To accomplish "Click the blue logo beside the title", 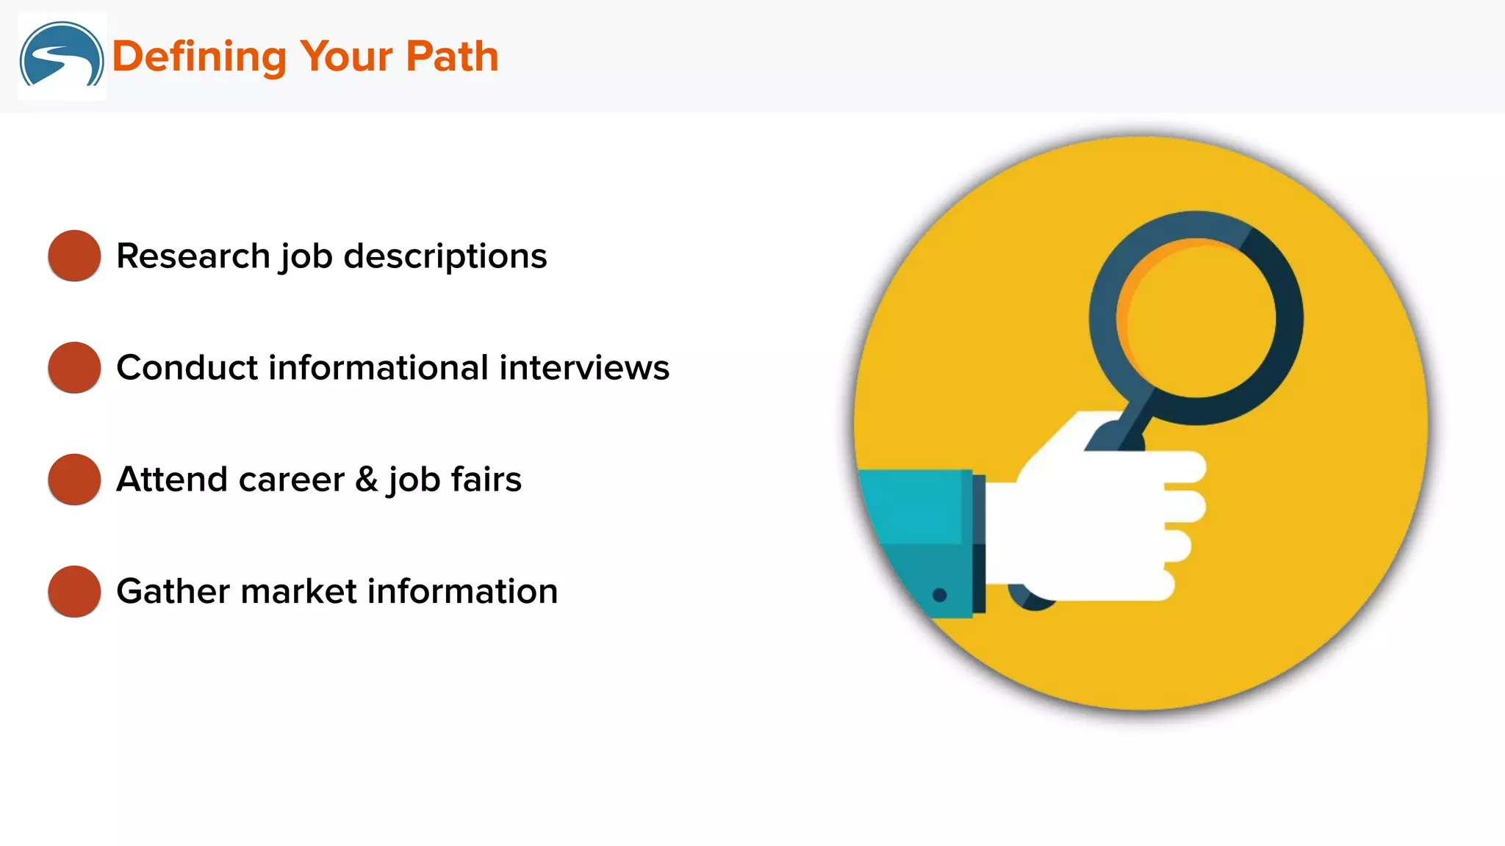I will pyautogui.click(x=62, y=56).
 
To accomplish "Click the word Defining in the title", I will pyautogui.click(x=198, y=57).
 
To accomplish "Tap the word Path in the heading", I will pyautogui.click(x=452, y=57).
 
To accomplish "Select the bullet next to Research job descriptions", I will pyautogui.click(x=74, y=256).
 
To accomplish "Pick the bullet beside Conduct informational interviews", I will pyautogui.click(x=74, y=367).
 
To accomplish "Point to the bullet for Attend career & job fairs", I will pyautogui.click(x=74, y=480).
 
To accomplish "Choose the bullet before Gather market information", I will pyautogui.click(x=74, y=591).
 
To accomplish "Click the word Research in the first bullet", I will pyautogui.click(x=193, y=256).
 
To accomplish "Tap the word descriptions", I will pyautogui.click(x=445, y=257).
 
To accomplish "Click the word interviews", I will pyautogui.click(x=584, y=368).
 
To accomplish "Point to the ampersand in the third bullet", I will pyautogui.click(x=366, y=480).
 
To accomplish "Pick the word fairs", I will pyautogui.click(x=486, y=480).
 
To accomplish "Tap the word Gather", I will pyautogui.click(x=173, y=592).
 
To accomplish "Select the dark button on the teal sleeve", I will pyautogui.click(x=939, y=595).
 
